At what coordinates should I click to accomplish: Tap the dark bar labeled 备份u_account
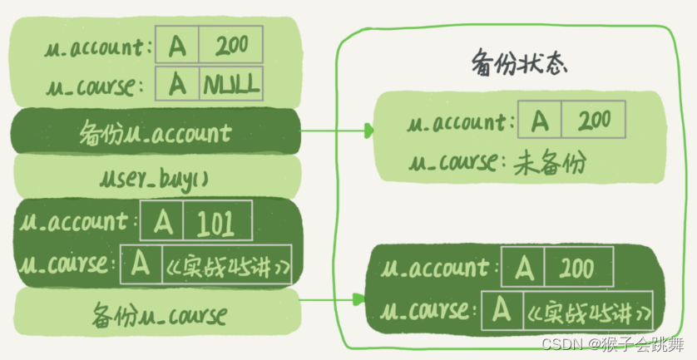pyautogui.click(x=156, y=131)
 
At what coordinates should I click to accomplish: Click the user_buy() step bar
pyautogui.click(x=156, y=176)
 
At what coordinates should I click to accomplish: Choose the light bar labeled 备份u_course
pyautogui.click(x=156, y=315)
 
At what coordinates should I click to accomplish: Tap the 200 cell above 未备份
pyautogui.click(x=593, y=121)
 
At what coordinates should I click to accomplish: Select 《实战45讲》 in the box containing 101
pyautogui.click(x=227, y=264)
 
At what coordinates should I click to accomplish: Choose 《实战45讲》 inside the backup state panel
pyautogui.click(x=588, y=313)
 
